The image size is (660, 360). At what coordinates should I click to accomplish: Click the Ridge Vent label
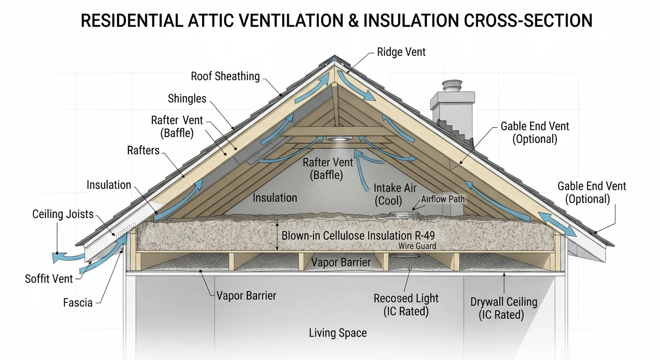click(x=401, y=52)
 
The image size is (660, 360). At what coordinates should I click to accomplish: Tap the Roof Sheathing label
click(x=225, y=76)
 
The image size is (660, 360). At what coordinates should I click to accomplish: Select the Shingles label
click(x=187, y=98)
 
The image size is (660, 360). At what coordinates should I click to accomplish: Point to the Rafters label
click(x=143, y=150)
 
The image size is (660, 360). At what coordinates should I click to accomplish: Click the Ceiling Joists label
click(x=63, y=214)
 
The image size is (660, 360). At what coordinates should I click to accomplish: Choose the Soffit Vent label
click(x=49, y=279)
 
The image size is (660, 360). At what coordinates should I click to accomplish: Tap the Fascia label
click(x=78, y=302)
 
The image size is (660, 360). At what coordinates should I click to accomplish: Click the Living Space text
click(x=337, y=333)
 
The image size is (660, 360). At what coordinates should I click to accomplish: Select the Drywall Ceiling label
click(x=503, y=308)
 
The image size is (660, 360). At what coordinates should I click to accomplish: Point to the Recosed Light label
click(x=406, y=305)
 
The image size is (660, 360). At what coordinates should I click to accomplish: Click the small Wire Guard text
click(x=417, y=246)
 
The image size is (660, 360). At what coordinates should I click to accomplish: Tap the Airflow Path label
click(x=442, y=199)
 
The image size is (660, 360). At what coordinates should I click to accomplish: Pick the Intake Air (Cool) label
click(x=395, y=194)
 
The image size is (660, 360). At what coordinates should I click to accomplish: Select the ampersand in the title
click(x=353, y=21)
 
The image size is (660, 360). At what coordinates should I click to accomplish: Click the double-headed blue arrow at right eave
click(x=557, y=224)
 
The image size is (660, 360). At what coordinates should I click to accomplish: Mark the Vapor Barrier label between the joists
click(x=341, y=262)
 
